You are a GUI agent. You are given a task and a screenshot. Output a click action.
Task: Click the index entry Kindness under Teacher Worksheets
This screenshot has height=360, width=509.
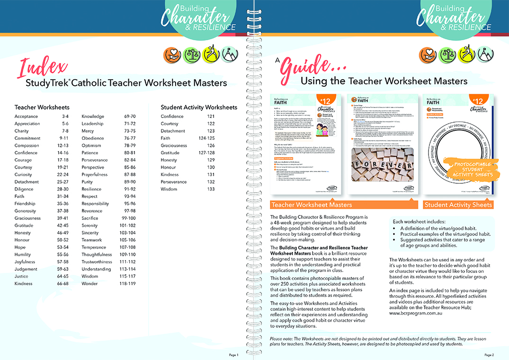point(24,284)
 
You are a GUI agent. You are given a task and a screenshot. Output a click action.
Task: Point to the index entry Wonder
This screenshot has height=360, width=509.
point(90,284)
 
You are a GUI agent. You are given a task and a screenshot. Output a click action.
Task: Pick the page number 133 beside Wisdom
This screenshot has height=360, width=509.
point(211,189)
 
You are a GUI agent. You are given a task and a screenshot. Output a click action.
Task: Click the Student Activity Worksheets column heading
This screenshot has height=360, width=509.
point(199,108)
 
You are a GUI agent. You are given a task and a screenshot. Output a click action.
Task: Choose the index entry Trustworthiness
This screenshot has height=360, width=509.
point(97,262)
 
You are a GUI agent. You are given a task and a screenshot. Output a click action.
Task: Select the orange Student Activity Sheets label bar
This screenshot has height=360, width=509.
point(458,205)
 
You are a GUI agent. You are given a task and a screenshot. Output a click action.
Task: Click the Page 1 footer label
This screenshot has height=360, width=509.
point(233,355)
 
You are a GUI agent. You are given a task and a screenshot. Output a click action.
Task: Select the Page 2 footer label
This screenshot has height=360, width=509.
point(489,355)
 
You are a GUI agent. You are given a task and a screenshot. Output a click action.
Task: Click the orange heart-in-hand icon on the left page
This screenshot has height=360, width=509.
point(171,55)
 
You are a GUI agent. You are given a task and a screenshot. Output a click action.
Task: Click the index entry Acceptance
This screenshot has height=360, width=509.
point(27,117)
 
